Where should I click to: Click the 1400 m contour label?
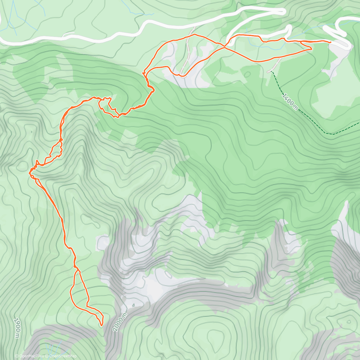tap(290, 102)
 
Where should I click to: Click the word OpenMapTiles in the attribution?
tap(31, 356)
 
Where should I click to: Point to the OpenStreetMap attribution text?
tap(63, 356)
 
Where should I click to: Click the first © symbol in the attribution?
tap(16, 356)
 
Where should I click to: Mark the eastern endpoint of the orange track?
tap(330, 43)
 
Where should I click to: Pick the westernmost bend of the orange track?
tap(29, 173)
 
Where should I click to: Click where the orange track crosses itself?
tap(225, 47)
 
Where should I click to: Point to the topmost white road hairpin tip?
tap(283, 11)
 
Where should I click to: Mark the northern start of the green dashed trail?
tap(272, 72)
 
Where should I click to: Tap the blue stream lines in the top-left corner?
tap(13, 18)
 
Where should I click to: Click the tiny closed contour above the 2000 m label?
tap(133, 305)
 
